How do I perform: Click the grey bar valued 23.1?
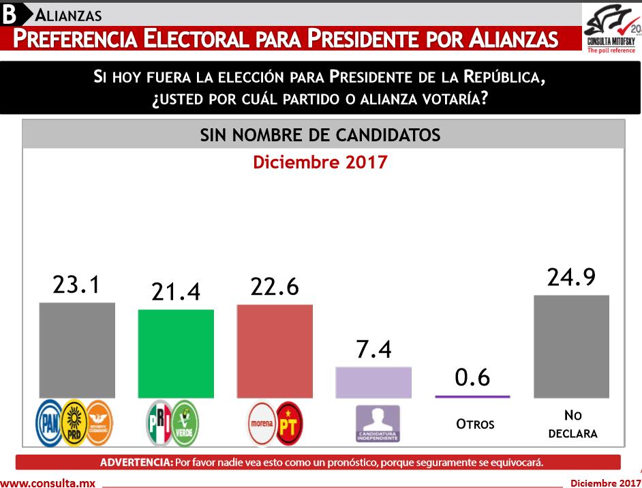tap(77, 349)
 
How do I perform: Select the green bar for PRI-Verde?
tap(177, 353)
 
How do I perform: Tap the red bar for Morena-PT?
tap(275, 351)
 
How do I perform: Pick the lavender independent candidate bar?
tap(373, 382)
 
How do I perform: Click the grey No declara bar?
tap(571, 346)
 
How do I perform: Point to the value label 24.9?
tap(571, 277)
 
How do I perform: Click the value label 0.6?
tap(472, 377)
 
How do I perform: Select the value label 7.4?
tap(373, 349)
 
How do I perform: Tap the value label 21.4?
tap(176, 292)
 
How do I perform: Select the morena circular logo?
tap(261, 423)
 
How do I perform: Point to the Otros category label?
tap(475, 424)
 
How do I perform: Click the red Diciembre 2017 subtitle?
tap(320, 162)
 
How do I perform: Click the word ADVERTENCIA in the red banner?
tap(136, 462)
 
